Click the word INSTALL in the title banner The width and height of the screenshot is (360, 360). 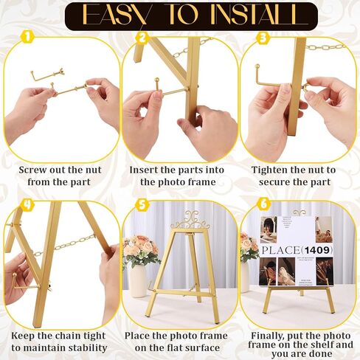(253, 15)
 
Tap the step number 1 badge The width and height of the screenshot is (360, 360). (27, 37)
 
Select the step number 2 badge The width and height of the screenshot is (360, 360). (142, 38)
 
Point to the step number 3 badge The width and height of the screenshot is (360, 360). (263, 38)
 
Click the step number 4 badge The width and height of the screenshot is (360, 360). (27, 204)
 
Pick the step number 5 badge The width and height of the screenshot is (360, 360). (142, 204)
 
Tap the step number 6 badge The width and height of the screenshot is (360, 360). (263, 204)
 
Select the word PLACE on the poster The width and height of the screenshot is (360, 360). (280, 250)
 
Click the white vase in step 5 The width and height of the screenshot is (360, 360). (138, 281)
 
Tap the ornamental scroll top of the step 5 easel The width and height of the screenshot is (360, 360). (190, 220)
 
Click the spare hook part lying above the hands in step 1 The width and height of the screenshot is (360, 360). (47, 75)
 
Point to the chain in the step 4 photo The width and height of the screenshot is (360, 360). (64, 245)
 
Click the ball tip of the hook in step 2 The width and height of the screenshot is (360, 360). (156, 80)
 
